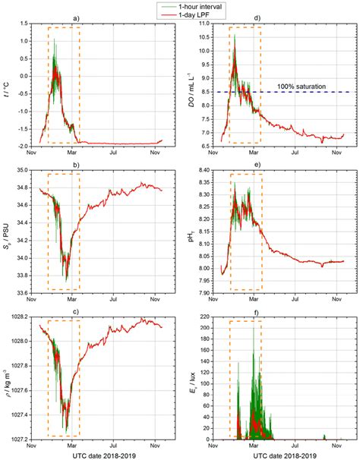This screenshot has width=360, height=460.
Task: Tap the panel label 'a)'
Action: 96,17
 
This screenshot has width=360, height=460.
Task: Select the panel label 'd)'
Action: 279,17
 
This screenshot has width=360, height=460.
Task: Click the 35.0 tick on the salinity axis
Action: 17,170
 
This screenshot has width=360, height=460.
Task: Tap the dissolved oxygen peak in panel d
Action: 235,35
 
